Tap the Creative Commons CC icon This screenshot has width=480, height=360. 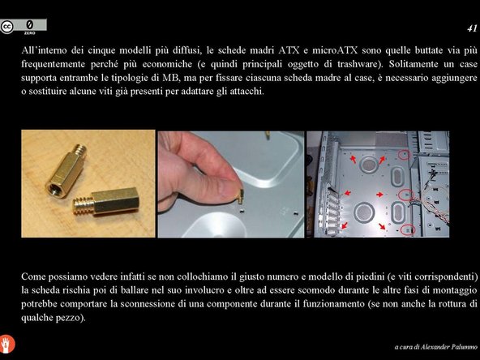(x=8, y=26)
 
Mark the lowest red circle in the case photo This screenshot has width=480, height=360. (x=409, y=230)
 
